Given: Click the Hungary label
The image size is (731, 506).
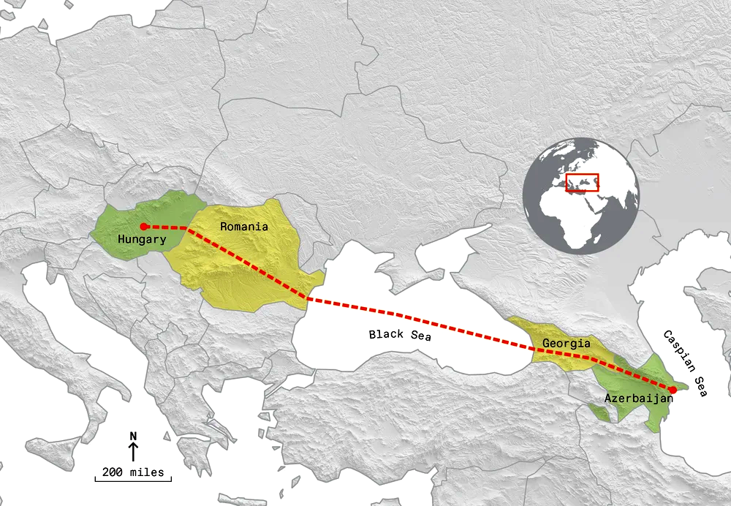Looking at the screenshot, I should coord(141,239).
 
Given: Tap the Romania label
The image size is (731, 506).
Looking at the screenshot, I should coord(244,227).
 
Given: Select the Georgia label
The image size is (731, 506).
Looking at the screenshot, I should coord(566,343).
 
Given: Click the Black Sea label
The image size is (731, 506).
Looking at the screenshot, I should coord(400,335).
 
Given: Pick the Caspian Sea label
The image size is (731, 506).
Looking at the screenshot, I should coord(685,363).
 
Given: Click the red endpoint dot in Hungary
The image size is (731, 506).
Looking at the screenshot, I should coord(144,227).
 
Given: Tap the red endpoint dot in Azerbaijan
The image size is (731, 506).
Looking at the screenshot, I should coord(673,390).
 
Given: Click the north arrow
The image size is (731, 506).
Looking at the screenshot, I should coord(133,452).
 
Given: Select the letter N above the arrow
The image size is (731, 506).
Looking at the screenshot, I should coord(133,437).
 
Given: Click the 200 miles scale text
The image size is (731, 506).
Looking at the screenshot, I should coord(133,472).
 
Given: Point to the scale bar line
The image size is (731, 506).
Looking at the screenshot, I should coord(133,480).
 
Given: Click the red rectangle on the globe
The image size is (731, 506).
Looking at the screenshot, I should coord(583,182).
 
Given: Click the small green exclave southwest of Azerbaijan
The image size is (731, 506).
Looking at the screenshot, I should coord(599,412).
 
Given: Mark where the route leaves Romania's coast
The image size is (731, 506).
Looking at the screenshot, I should coord(308,298).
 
